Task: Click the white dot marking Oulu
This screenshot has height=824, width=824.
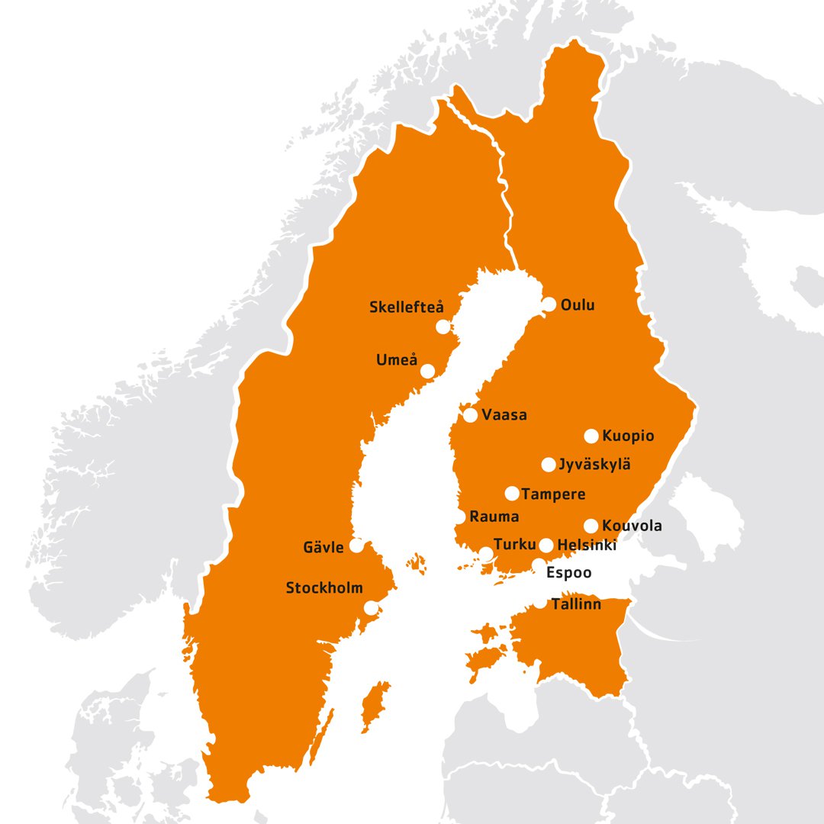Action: pyautogui.click(x=549, y=304)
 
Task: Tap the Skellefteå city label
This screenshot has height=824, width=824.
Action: pyautogui.click(x=406, y=307)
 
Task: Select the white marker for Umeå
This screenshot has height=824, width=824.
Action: pyautogui.click(x=428, y=371)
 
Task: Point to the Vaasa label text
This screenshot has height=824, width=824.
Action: pyautogui.click(x=504, y=416)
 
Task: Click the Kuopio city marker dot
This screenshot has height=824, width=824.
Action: pyautogui.click(x=591, y=436)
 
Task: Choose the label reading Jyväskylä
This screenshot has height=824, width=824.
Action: pyautogui.click(x=594, y=465)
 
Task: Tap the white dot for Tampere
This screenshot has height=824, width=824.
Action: pyautogui.click(x=512, y=494)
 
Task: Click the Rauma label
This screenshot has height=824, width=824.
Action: pyautogui.click(x=494, y=517)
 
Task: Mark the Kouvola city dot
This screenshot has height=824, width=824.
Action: pyautogui.click(x=591, y=526)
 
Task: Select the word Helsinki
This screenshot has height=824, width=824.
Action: pyautogui.click(x=587, y=546)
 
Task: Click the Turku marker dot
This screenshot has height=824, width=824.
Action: pyautogui.click(x=486, y=553)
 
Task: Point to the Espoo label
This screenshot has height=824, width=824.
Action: pyautogui.click(x=568, y=573)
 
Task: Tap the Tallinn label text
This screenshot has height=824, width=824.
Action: pyautogui.click(x=577, y=605)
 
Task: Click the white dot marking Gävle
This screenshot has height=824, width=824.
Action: pyautogui.click(x=356, y=546)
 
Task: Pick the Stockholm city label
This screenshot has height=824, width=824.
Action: pyautogui.click(x=323, y=588)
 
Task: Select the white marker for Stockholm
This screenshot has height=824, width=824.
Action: pyautogui.click(x=372, y=608)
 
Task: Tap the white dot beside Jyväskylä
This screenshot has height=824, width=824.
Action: pyautogui.click(x=549, y=465)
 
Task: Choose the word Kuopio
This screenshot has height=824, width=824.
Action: pyautogui.click(x=628, y=436)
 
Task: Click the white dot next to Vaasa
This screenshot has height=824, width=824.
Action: pyautogui.click(x=471, y=416)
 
